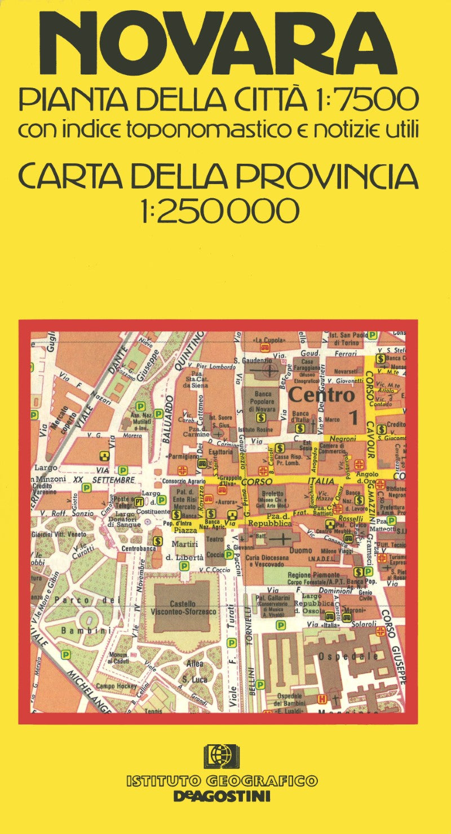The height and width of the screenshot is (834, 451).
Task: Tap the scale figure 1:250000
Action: point(220,211)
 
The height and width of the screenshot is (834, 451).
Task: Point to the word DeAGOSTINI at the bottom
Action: point(222,797)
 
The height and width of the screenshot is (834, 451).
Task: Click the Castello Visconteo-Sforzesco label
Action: point(175,608)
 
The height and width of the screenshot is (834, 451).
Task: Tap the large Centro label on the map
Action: point(321,395)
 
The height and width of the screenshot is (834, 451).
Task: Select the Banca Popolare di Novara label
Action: point(260,401)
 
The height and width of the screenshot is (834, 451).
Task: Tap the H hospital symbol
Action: point(322,699)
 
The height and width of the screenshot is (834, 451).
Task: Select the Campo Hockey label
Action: point(113,686)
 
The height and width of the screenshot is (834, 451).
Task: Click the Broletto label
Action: point(271,493)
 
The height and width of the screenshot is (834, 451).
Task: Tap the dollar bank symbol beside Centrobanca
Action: point(158,541)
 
